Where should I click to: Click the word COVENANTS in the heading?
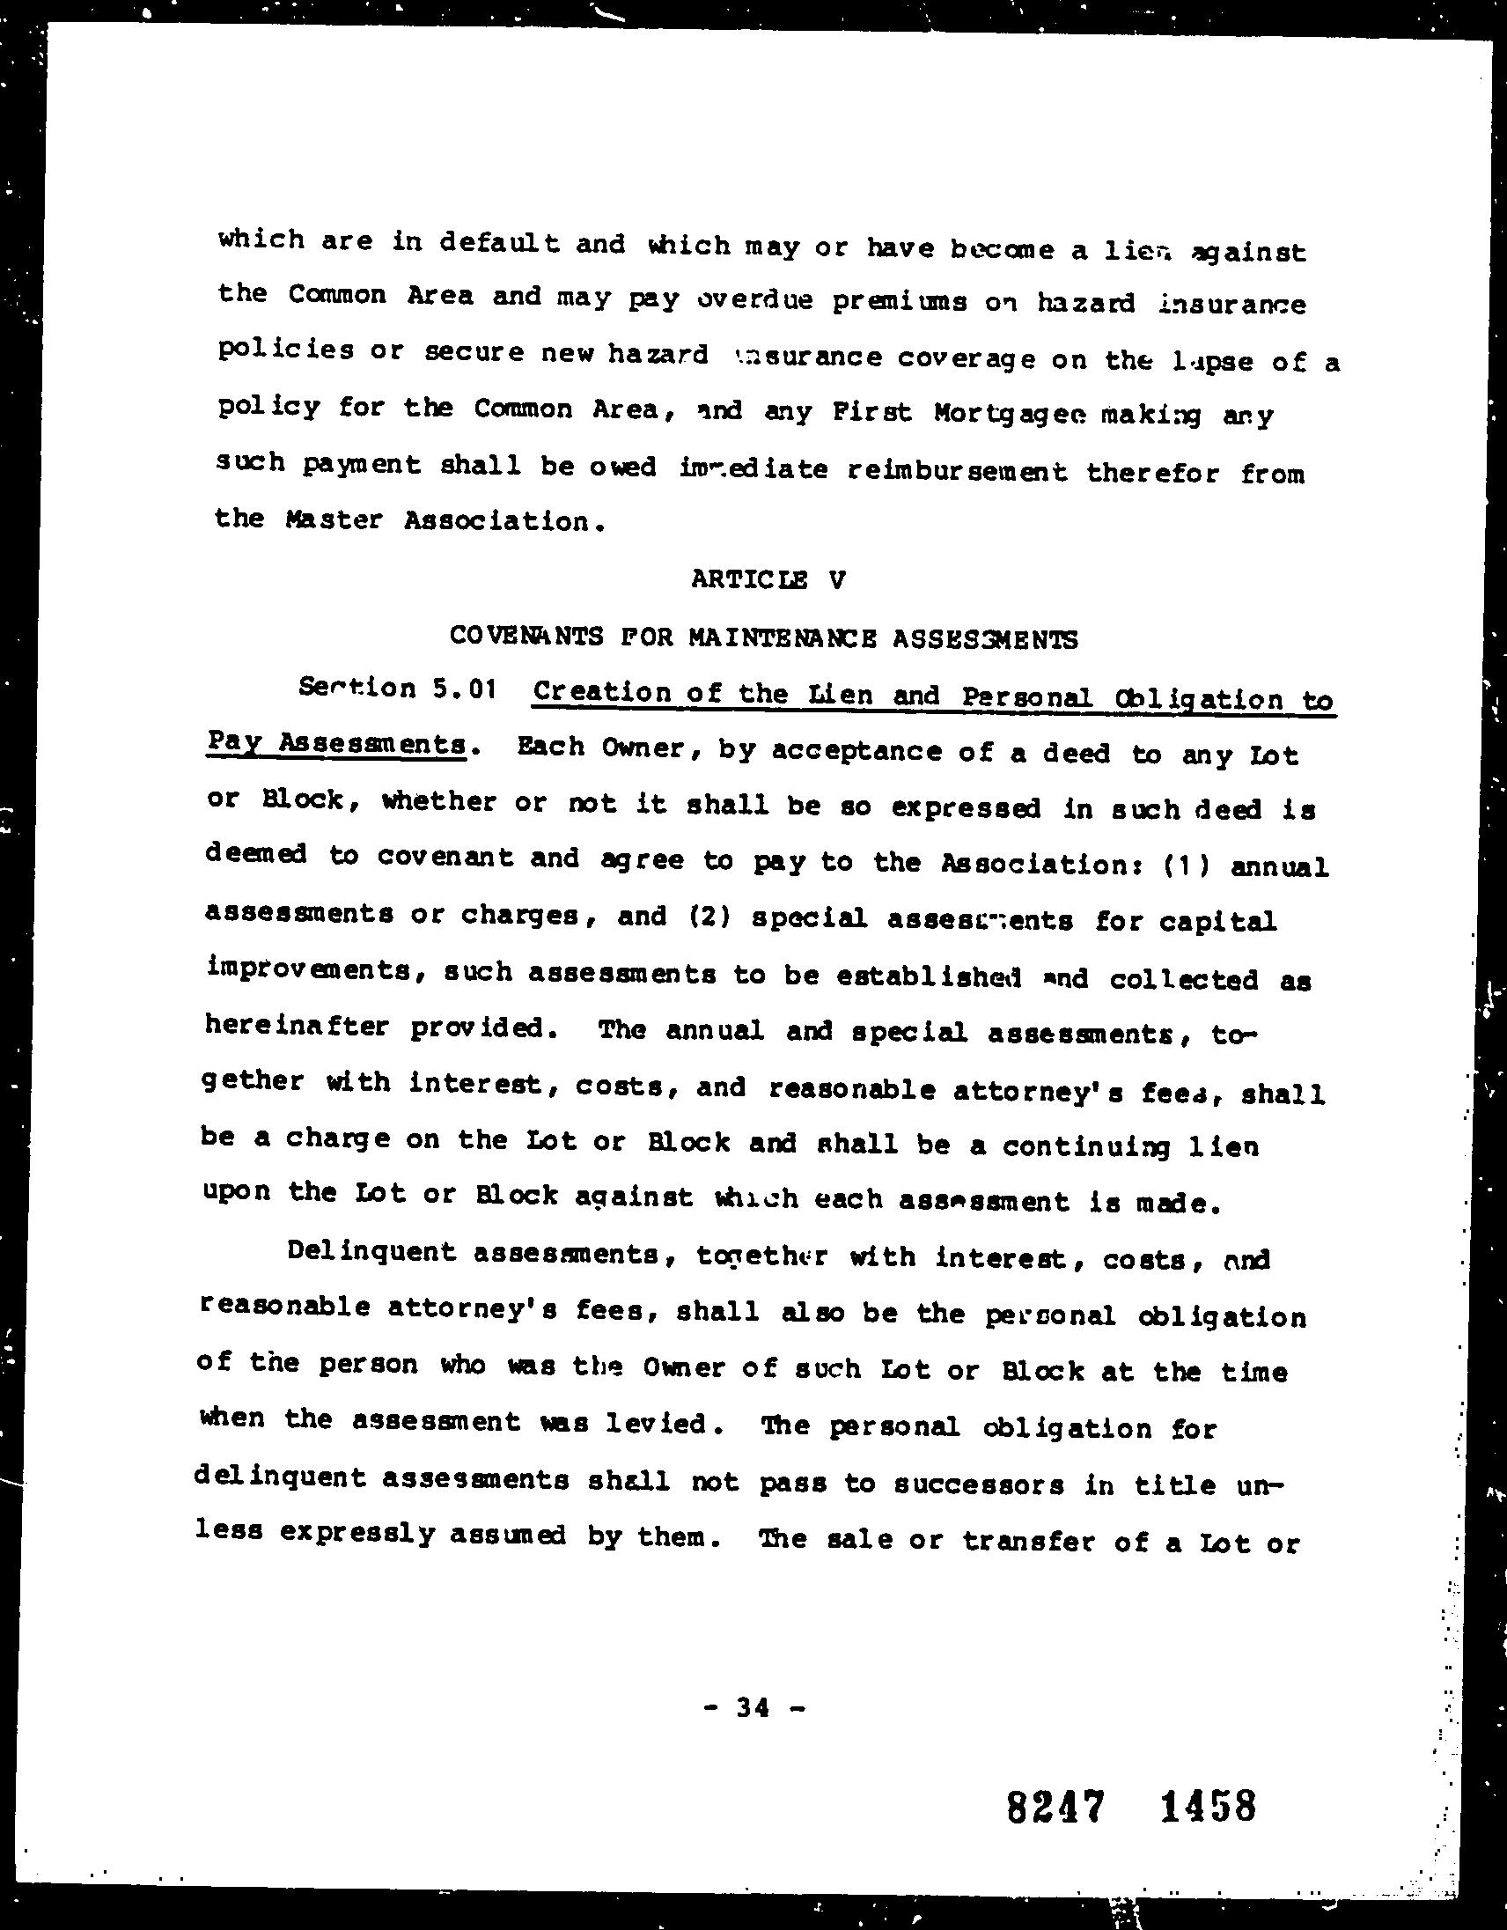[x=526, y=637]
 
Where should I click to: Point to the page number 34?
[x=753, y=1707]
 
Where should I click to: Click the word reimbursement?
[x=957, y=471]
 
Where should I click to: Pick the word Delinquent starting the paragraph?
[x=371, y=1253]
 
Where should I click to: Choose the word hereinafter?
[x=297, y=1026]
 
